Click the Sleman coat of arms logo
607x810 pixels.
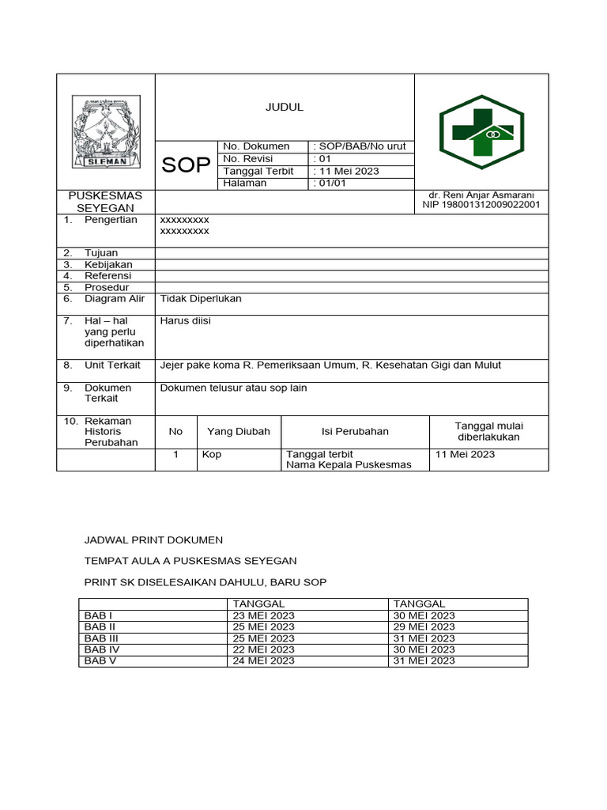coord(106,131)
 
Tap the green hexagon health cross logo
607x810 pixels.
coord(481,131)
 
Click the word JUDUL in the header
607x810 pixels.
coord(284,108)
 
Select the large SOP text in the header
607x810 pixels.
coord(186,165)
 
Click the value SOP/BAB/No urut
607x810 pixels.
coord(360,146)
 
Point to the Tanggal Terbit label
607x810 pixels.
coord(258,171)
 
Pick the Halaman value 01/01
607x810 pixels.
coord(330,183)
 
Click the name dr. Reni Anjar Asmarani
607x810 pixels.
coord(481,195)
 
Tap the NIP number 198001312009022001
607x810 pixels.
coord(481,205)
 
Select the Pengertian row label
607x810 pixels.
coord(111,219)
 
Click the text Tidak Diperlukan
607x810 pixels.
coord(201,298)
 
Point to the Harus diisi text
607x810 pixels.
coord(186,320)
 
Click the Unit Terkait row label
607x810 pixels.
coord(112,365)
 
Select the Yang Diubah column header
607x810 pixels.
coord(239,431)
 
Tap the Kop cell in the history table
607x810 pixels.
coord(211,454)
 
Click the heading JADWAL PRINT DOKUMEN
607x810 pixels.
coord(154,539)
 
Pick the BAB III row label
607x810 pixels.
coord(101,638)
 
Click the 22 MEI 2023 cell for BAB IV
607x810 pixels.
coord(263,649)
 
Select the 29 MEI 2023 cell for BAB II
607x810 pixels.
coord(423,626)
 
